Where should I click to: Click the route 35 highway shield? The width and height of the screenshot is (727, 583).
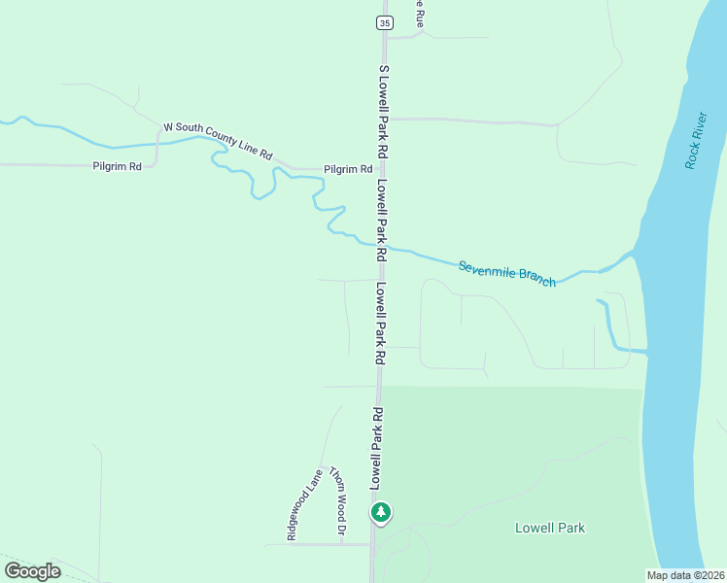pos(386,21)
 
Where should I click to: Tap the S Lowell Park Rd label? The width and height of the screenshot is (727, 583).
pos(383,113)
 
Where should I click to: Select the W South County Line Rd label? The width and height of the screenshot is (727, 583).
pos(218,140)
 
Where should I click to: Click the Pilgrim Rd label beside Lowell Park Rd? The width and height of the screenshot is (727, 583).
pos(348,169)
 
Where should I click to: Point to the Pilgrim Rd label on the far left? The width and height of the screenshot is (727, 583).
pos(118,167)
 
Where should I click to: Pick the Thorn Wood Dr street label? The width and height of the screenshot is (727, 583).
pos(336,500)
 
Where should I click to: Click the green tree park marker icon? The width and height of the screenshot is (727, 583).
pos(382,511)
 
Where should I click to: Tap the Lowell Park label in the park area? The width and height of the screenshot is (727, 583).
pos(549,528)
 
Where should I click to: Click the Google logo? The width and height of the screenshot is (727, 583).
pos(32,571)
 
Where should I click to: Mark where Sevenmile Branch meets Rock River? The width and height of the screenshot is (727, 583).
pos(634,255)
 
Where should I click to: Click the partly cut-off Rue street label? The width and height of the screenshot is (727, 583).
pos(420,10)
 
